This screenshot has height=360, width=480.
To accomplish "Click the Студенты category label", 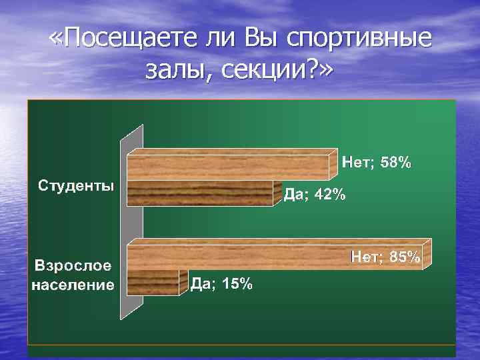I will (75, 184).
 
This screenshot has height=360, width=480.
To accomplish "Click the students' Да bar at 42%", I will (200, 194).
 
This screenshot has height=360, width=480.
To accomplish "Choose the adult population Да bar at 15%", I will (153, 283).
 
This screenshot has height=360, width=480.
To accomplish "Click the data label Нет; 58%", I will (377, 162).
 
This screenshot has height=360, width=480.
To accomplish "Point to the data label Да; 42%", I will (315, 195).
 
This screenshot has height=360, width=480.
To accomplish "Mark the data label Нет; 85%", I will (386, 257).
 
